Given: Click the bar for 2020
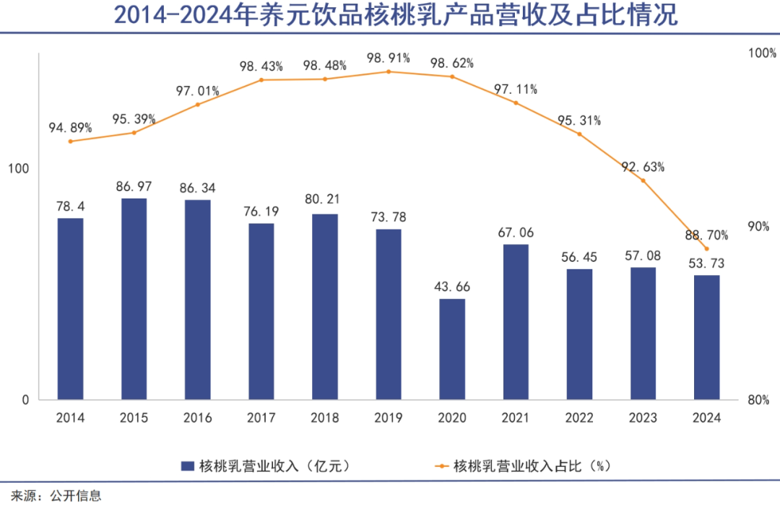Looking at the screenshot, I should [x=452, y=349].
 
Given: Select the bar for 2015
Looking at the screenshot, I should [x=134, y=299].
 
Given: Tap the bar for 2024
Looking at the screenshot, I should [x=706, y=337].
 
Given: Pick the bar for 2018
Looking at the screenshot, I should [x=325, y=307].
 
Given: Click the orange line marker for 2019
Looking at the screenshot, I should [x=389, y=71].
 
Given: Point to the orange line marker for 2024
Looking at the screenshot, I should [x=706, y=249].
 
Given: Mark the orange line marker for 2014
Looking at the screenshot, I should [x=70, y=141].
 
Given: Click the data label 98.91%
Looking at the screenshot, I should [x=389, y=57].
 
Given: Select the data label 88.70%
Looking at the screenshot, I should [x=706, y=235].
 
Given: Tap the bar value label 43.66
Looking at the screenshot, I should [x=452, y=287].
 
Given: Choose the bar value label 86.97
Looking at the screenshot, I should [x=134, y=186].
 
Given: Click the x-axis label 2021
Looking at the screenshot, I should [x=516, y=418].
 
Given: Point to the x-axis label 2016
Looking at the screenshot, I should [x=197, y=418].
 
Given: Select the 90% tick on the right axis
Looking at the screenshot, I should [x=758, y=227].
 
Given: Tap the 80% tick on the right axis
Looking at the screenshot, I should [x=758, y=400].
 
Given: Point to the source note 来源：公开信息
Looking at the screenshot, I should [x=56, y=496].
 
